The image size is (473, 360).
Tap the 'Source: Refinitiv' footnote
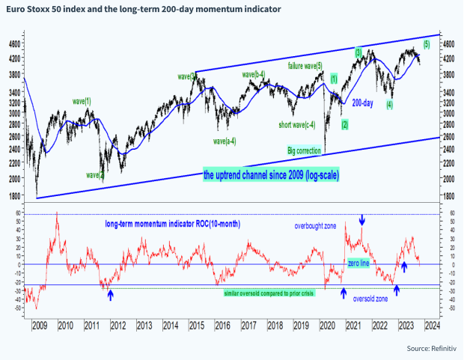[435, 349]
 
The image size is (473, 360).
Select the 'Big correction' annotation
[305, 150]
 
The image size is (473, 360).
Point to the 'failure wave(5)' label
[305, 67]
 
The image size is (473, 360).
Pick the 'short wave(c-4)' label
[296, 124]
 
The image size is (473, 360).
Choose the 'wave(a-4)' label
[225, 141]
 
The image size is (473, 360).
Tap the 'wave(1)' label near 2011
[82, 100]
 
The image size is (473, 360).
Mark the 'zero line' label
[358, 263]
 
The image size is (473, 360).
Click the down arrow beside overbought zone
[363, 220]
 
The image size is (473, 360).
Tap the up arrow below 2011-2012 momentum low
[111, 295]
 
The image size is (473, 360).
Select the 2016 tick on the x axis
[222, 326]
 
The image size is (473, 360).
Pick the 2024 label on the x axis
[431, 326]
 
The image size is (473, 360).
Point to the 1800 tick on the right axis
[448, 196]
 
